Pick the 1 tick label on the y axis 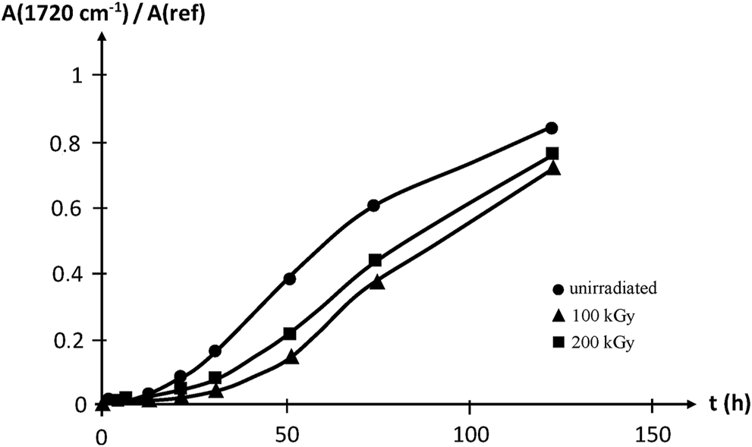click(80, 76)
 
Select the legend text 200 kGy click(604, 342)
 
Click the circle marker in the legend click(560, 289)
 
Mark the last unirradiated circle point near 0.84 click(552, 127)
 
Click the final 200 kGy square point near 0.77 click(552, 153)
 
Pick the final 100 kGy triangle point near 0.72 click(553, 168)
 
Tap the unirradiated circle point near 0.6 click(373, 206)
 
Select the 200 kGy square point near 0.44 click(375, 260)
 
